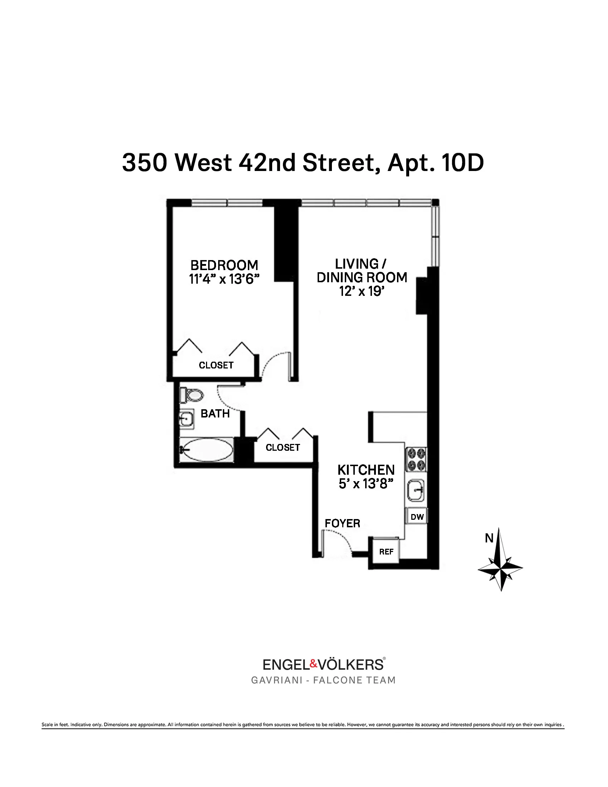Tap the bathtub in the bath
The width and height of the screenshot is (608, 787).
[207, 449]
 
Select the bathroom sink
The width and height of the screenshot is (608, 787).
[187, 419]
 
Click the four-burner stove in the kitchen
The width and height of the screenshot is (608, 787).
[416, 459]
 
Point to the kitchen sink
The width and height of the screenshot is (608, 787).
[416, 490]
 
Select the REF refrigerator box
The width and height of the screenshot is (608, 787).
[386, 552]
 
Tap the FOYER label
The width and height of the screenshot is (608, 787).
[342, 523]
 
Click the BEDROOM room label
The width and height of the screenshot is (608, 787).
[224, 265]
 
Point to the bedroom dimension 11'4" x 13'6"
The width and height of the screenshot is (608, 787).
[224, 279]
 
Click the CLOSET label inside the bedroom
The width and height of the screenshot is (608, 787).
[216, 365]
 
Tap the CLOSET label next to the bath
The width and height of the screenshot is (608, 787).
[283, 447]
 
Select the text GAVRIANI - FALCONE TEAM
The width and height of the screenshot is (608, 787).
[323, 680]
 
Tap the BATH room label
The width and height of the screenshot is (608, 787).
[215, 413]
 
